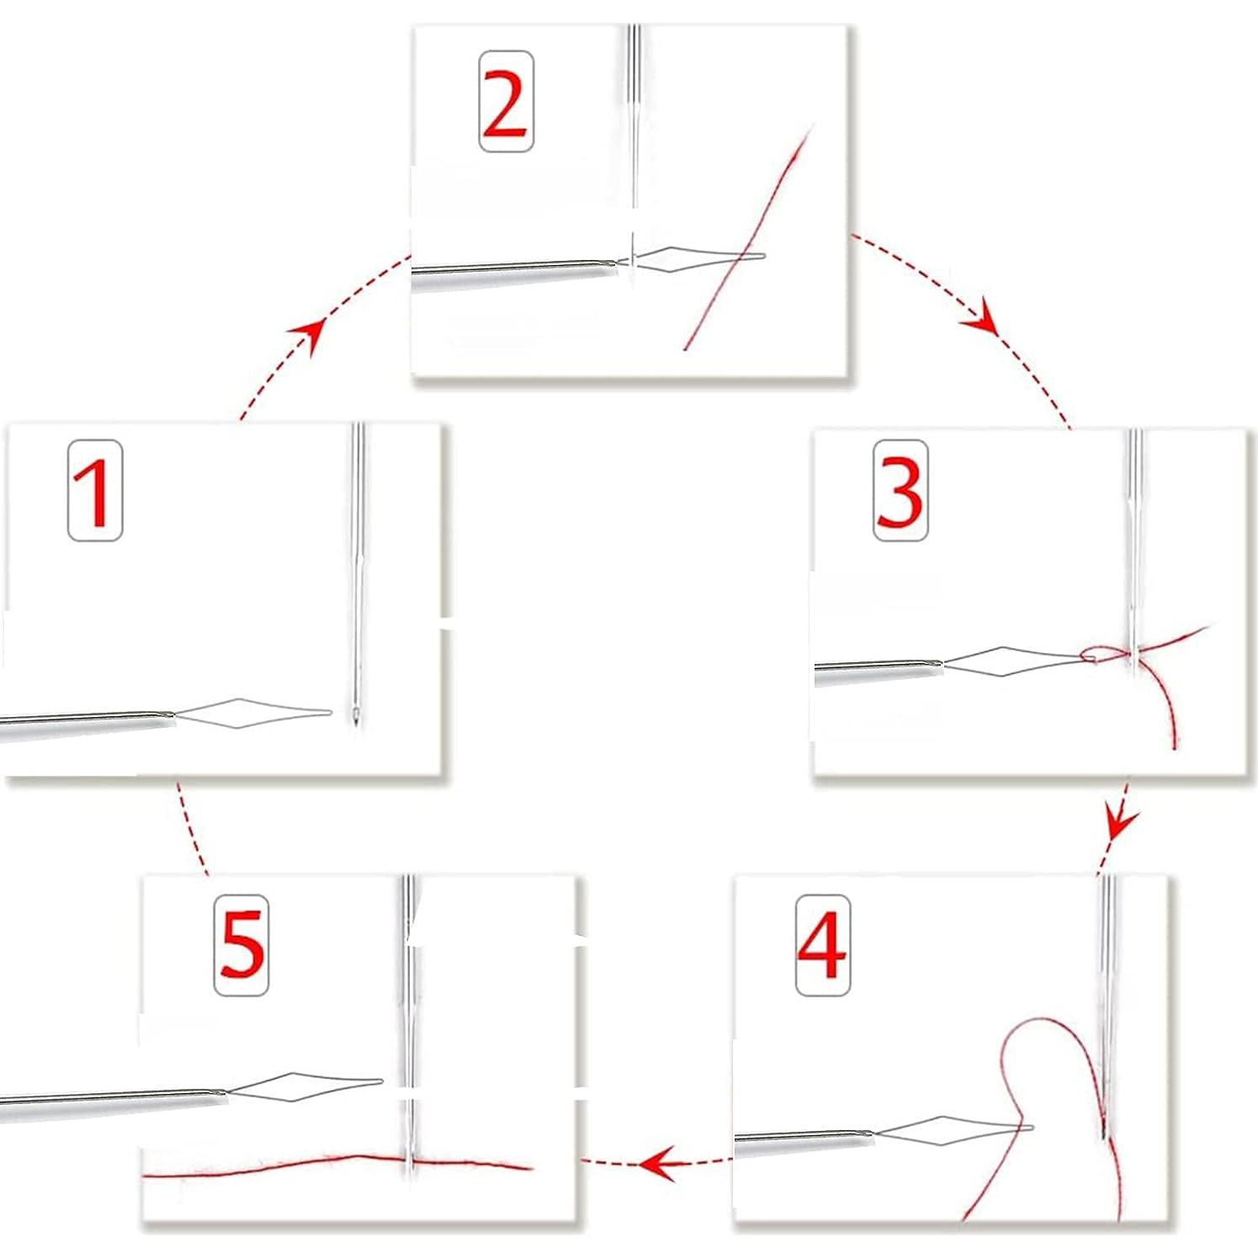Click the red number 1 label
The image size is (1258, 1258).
point(95,491)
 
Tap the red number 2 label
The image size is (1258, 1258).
point(506,102)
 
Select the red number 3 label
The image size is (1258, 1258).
point(900,491)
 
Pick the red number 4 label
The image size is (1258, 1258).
point(822,945)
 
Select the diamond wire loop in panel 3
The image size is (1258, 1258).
point(1010,661)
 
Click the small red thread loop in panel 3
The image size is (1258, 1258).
point(1091,654)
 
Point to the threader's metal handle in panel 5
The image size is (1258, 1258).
point(109,1096)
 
